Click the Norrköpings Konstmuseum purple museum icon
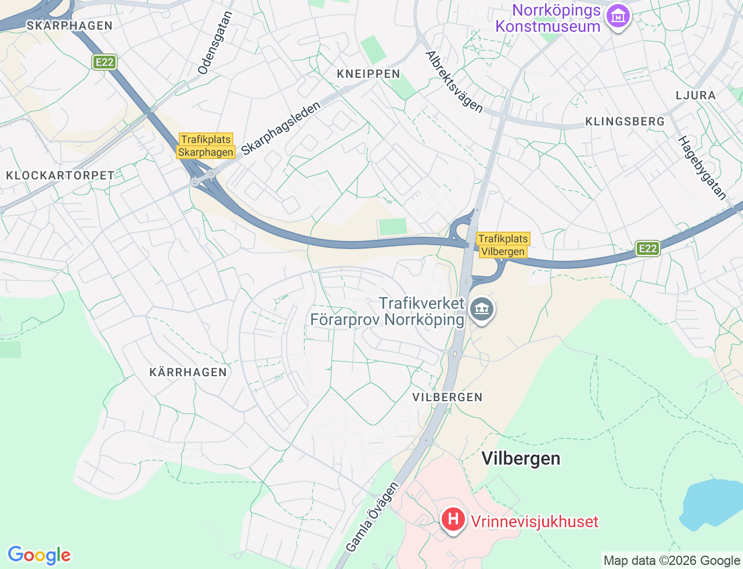[x=618, y=17]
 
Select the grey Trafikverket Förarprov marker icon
[x=481, y=309]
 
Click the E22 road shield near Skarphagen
[x=104, y=62]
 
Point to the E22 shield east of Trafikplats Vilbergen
[x=647, y=249]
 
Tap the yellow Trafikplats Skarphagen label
[x=205, y=146]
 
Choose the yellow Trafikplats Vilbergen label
[x=503, y=245]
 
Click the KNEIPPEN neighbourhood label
[x=369, y=74]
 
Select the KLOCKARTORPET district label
[x=60, y=175]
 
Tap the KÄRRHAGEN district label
[x=188, y=372]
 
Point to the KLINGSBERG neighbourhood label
[x=625, y=121]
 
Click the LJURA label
[x=695, y=95]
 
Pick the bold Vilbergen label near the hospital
[x=521, y=459]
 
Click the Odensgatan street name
[x=215, y=44]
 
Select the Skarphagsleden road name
[x=281, y=129]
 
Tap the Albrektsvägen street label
[x=455, y=82]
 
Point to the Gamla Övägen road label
[x=372, y=517]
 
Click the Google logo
[x=39, y=555]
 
